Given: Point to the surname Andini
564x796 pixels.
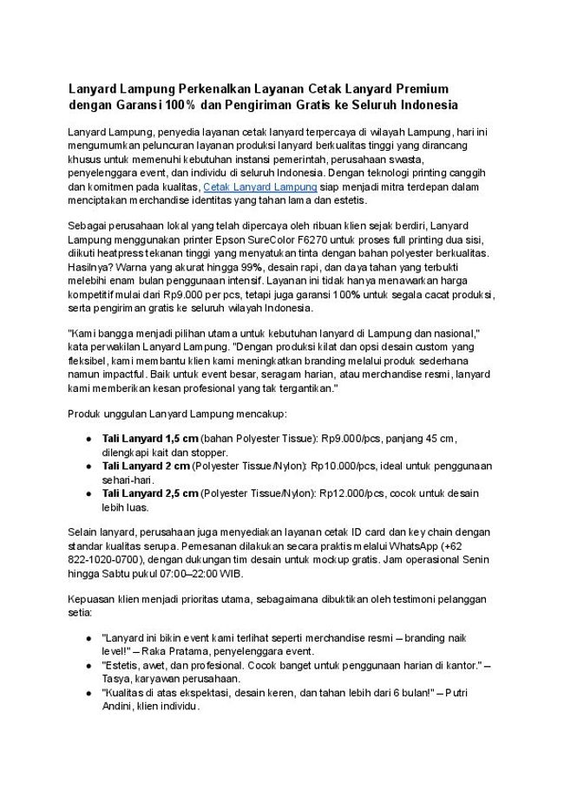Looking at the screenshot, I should pos(121,706).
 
